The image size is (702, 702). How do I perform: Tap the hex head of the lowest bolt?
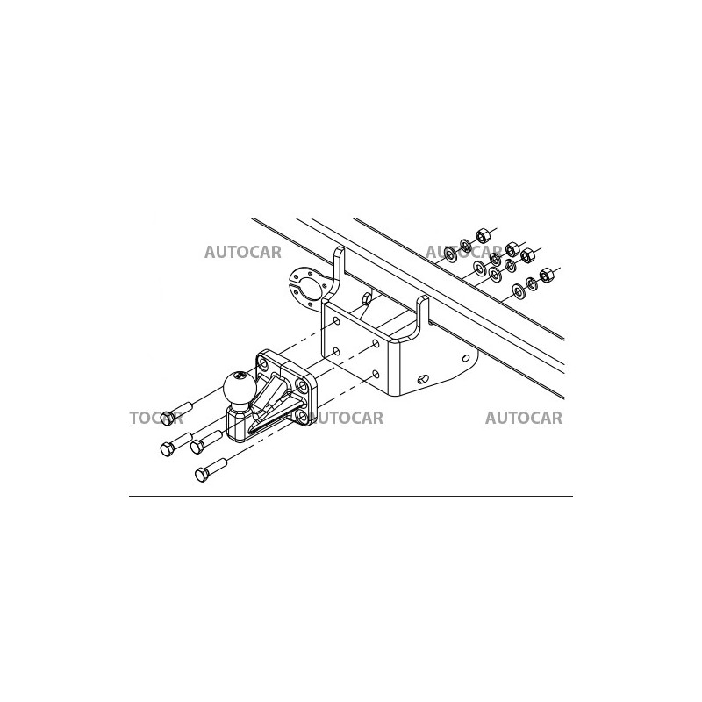click(x=202, y=474)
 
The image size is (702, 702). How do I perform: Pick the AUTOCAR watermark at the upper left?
click(x=243, y=253)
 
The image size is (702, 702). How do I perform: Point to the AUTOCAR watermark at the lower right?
click(x=524, y=419)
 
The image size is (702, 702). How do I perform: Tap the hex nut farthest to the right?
click(x=546, y=276)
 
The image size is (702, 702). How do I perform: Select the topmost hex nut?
click(x=482, y=235)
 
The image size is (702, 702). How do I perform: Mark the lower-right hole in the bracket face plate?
click(x=376, y=374)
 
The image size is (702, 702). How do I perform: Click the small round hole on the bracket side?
click(x=466, y=358)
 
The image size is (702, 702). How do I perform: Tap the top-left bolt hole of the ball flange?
click(x=263, y=362)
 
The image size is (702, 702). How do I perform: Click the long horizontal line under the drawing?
click(x=351, y=497)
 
